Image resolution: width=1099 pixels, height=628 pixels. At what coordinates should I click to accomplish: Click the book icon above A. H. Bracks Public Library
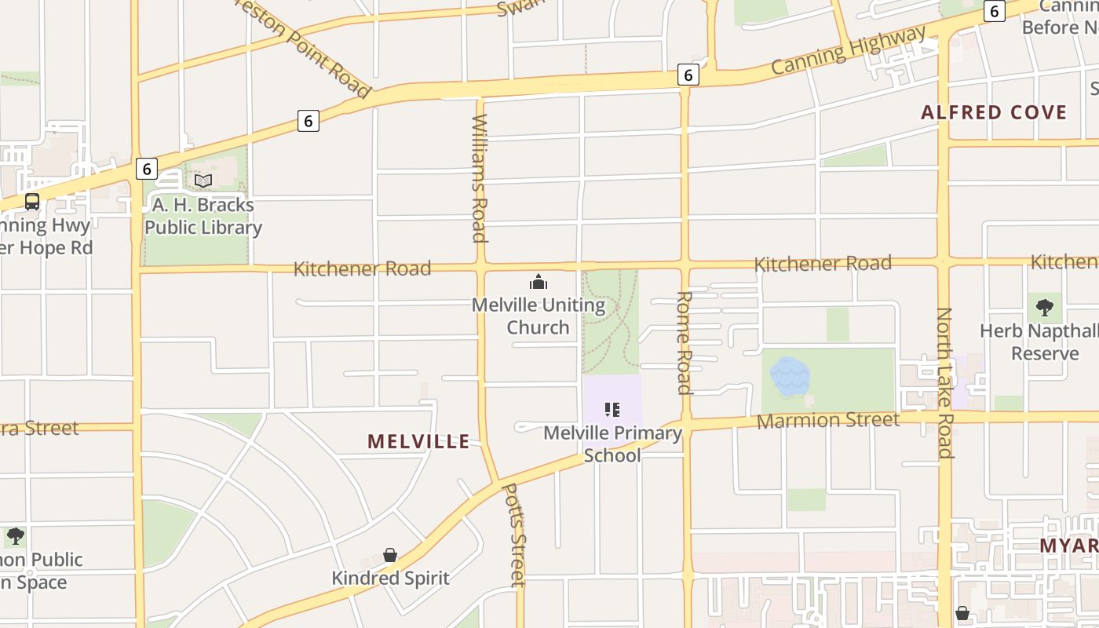(203, 181)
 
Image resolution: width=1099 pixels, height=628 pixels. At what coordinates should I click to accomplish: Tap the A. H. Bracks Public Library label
(203, 217)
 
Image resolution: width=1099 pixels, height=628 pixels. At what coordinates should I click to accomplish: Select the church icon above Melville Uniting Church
(539, 282)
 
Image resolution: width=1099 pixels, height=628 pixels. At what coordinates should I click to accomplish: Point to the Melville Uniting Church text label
(539, 316)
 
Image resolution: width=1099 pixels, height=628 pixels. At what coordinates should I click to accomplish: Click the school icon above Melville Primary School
(612, 410)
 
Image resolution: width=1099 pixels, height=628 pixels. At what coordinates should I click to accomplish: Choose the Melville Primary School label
(612, 444)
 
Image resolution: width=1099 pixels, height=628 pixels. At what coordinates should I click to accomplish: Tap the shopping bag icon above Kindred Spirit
(390, 556)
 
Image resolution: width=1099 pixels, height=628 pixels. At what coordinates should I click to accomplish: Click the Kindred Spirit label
(390, 579)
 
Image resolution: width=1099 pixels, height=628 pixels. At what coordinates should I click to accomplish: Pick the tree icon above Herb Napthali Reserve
(1044, 308)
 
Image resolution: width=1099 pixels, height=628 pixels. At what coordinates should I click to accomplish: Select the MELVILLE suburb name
(418, 441)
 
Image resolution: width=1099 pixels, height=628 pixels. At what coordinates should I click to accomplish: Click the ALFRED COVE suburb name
(994, 112)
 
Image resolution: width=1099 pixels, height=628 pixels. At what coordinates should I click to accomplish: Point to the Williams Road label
(480, 178)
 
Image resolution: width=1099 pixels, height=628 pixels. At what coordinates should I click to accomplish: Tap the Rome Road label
(684, 342)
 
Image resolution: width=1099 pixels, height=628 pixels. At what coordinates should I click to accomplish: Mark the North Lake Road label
(944, 382)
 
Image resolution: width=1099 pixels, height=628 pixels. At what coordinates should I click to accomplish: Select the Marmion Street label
(828, 421)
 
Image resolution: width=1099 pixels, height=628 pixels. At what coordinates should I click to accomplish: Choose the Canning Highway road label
(848, 49)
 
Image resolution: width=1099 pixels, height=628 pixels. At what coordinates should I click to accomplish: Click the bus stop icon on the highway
(32, 202)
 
